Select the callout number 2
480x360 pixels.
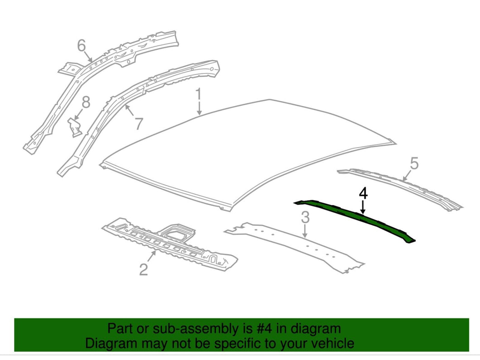pyautogui.click(x=144, y=270)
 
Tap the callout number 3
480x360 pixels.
pyautogui.click(x=305, y=217)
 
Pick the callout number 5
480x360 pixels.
pyautogui.click(x=414, y=163)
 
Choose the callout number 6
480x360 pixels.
pyautogui.click(x=82, y=45)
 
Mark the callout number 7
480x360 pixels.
pyautogui.click(x=139, y=123)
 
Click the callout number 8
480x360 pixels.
pyautogui.click(x=86, y=102)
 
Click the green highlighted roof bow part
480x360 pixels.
pyautogui.click(x=353, y=219)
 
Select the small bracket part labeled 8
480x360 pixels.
pyautogui.click(x=74, y=126)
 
